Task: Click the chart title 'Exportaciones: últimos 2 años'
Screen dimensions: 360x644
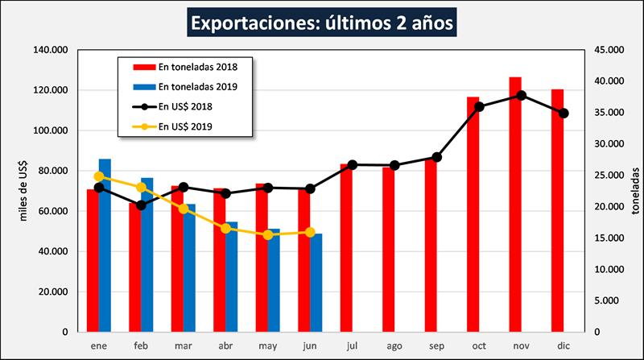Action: (322, 21)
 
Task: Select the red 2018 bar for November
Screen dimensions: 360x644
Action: (515, 205)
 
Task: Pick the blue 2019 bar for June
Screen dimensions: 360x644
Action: (316, 283)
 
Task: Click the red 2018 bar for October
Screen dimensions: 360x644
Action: (473, 214)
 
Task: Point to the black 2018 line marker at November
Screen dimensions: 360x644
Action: (522, 95)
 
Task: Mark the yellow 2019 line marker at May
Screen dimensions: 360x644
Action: (269, 234)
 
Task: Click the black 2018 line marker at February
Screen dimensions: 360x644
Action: (142, 205)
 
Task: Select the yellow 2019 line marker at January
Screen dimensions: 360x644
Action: (99, 176)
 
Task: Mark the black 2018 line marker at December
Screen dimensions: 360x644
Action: (563, 113)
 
